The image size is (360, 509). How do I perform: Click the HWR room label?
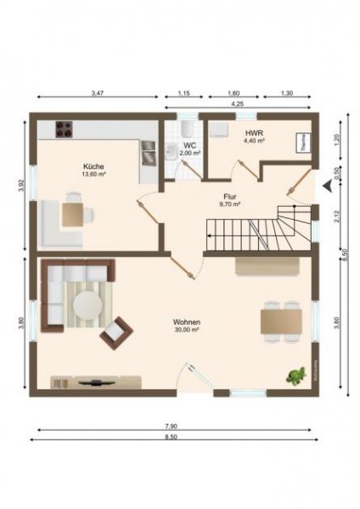[254, 135]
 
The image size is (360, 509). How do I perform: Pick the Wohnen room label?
[186, 324]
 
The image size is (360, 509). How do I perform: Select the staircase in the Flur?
[255, 232]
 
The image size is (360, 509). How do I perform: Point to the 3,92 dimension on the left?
[21, 184]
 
